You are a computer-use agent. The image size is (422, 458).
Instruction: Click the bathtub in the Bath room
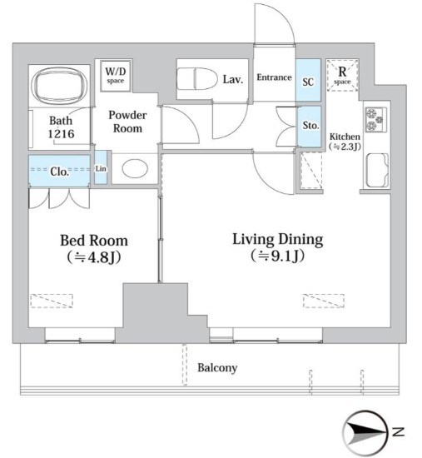tap(60, 85)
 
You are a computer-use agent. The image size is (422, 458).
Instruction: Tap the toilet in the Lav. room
tap(197, 79)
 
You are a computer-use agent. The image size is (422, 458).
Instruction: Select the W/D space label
tap(115, 75)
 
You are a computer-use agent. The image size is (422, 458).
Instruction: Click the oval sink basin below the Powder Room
tap(135, 169)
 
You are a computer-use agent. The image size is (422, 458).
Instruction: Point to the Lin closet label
tap(101, 168)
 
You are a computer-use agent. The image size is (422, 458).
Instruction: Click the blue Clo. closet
tap(59, 171)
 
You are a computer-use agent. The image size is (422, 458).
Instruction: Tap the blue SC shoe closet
tap(308, 80)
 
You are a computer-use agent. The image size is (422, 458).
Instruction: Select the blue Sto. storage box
tap(309, 127)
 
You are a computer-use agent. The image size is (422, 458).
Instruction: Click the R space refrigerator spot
tap(342, 75)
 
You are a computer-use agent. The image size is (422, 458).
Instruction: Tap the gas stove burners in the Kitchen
tap(376, 119)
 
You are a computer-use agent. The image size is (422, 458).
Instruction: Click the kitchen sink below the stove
tap(377, 170)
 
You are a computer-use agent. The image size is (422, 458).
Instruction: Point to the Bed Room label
tap(94, 241)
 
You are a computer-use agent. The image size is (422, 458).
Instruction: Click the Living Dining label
tap(278, 240)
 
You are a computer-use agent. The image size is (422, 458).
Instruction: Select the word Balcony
tap(217, 368)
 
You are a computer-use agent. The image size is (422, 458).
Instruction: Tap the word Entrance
tap(274, 77)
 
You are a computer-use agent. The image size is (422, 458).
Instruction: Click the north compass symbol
tap(365, 432)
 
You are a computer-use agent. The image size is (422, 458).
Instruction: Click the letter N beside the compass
tap(399, 431)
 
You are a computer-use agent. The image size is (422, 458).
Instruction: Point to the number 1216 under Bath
tap(61, 134)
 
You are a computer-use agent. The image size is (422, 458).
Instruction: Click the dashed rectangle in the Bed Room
tap(52, 301)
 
